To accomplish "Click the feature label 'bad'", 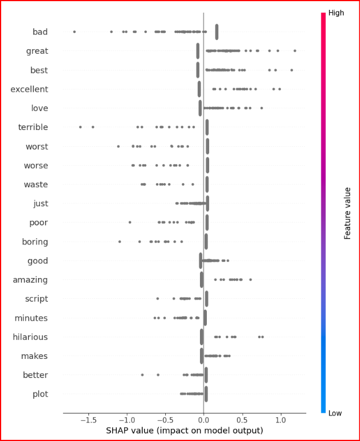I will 40,32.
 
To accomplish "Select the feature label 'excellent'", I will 29,89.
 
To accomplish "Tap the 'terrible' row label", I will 33,127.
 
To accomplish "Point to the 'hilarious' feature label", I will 30,337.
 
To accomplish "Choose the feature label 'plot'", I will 40,394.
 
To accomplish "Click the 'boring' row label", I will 35,242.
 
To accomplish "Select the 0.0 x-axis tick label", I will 203,420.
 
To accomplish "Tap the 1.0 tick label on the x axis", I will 280,420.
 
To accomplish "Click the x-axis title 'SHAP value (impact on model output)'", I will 184,431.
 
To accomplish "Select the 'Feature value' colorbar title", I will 347,213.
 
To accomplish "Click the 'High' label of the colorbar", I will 336,12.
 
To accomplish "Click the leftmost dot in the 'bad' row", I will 74,32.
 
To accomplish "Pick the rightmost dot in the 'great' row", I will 295,51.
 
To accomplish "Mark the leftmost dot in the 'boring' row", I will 120,242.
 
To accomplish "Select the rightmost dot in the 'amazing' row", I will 250,280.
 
